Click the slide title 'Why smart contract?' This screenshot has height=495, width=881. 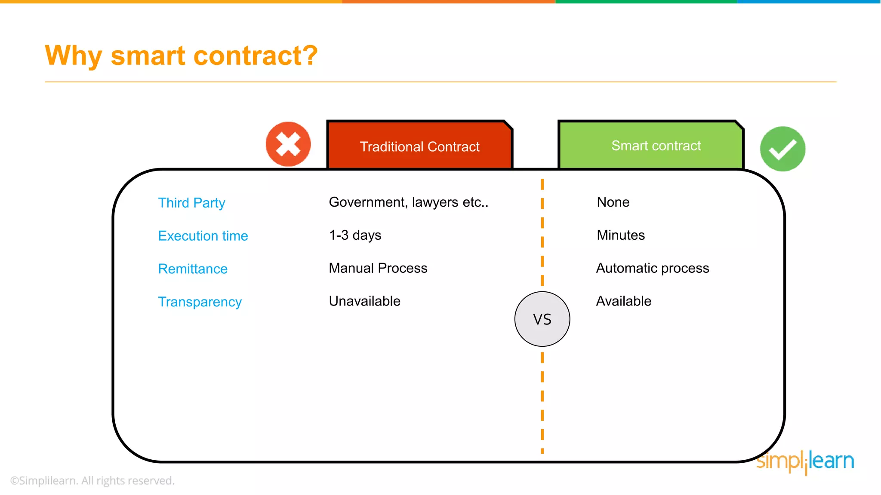pyautogui.click(x=181, y=56)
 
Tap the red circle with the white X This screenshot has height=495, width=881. pyautogui.click(x=288, y=144)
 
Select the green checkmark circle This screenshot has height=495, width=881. pyautogui.click(x=782, y=149)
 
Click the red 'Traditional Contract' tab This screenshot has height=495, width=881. pyautogui.click(x=419, y=146)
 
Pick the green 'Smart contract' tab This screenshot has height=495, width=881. pyautogui.click(x=656, y=146)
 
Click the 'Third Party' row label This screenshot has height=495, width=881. pyautogui.click(x=191, y=202)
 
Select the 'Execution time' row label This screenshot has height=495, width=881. pyautogui.click(x=203, y=235)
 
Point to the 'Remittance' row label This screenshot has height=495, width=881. pyautogui.click(x=193, y=269)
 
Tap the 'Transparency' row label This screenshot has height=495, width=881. pyautogui.click(x=200, y=302)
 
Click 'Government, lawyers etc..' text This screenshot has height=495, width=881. pyautogui.click(x=408, y=202)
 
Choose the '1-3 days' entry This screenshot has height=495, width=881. pyautogui.click(x=355, y=235)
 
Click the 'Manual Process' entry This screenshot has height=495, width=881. pyautogui.click(x=378, y=268)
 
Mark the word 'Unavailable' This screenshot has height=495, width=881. pyautogui.click(x=364, y=301)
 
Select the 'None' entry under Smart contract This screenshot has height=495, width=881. pyautogui.click(x=613, y=202)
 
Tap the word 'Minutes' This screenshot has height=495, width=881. pyautogui.click(x=621, y=235)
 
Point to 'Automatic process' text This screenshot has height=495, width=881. pyautogui.click(x=652, y=268)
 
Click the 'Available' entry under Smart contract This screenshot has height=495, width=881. pyautogui.click(x=623, y=301)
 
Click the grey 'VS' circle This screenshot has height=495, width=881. pyautogui.click(x=542, y=319)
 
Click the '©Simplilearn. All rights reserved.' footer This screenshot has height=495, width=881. pyautogui.click(x=92, y=480)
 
